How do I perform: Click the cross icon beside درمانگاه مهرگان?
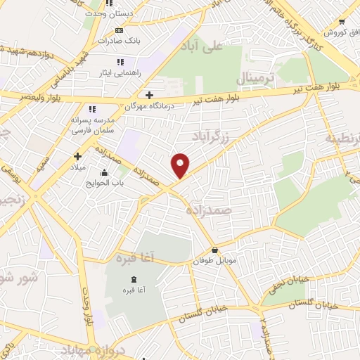tap(148, 95)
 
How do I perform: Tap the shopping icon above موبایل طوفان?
tap(214, 250)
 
